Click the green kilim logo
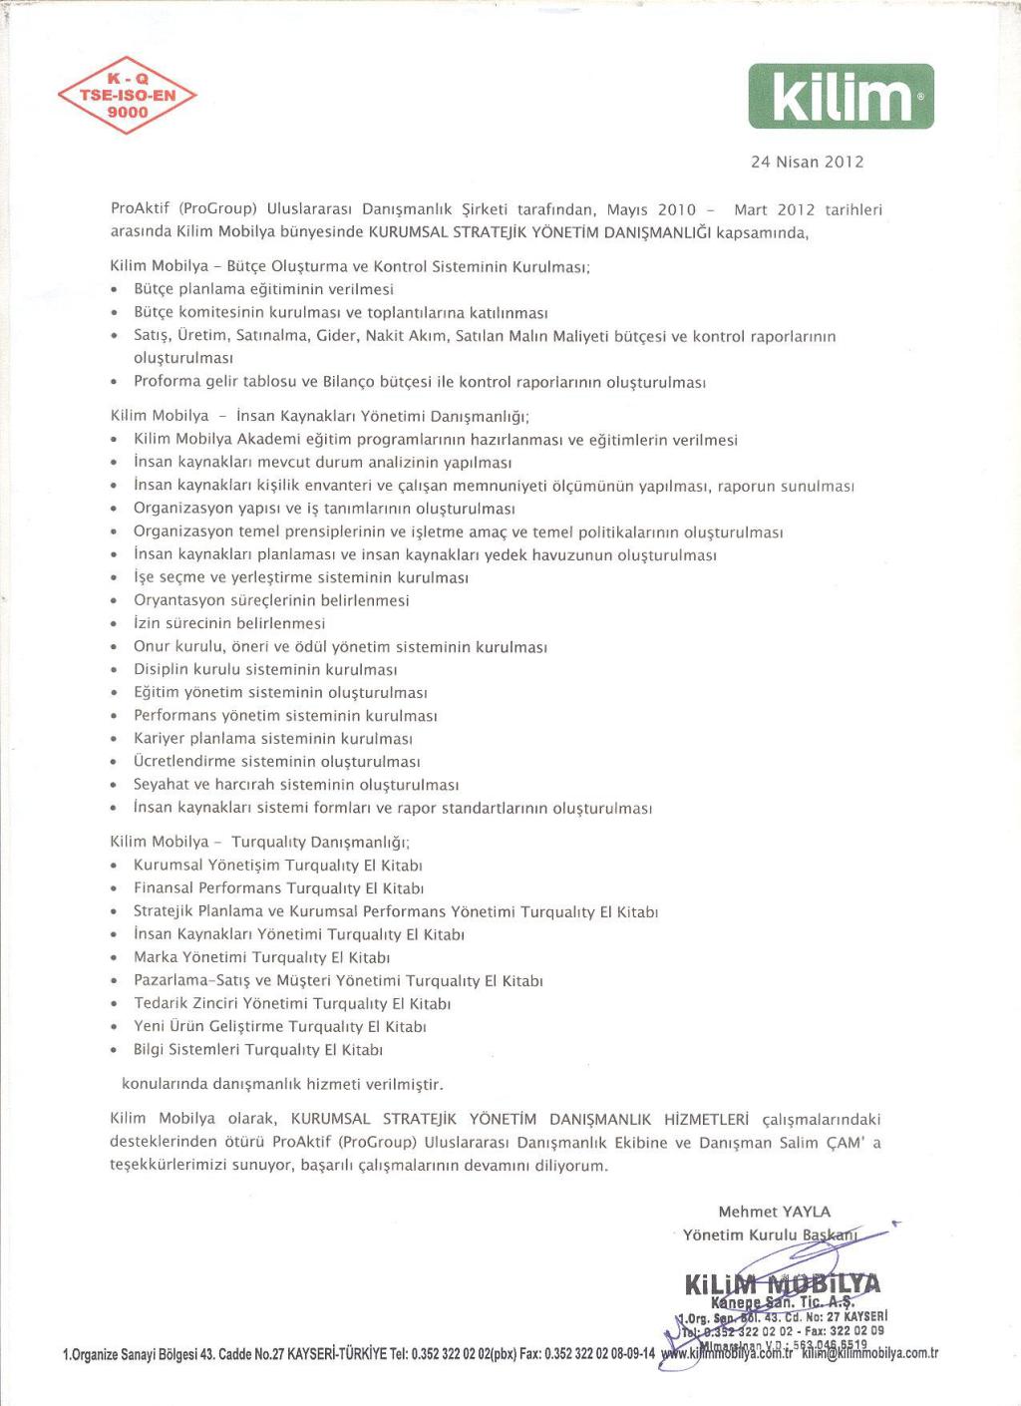841,97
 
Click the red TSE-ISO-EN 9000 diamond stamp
128,96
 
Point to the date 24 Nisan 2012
807,162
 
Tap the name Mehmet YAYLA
774,1212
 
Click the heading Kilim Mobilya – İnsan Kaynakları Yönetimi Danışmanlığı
319,416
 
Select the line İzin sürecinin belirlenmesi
229,623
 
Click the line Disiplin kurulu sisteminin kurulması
265,669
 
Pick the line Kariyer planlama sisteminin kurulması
273,739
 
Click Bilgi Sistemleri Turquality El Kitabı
258,1049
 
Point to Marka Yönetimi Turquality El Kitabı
261,957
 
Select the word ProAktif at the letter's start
142,209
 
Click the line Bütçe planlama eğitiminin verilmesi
263,289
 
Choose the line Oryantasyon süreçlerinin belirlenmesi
271,600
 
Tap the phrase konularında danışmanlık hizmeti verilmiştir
282,1083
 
